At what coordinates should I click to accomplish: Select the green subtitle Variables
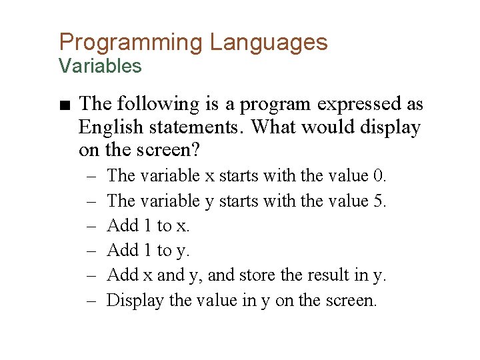tap(100, 66)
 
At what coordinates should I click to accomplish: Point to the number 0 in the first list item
tap(379, 176)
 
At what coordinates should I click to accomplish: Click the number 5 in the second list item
tap(379, 201)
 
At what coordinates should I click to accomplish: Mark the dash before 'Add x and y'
tap(91, 275)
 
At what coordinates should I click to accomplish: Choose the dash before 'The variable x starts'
tap(91, 176)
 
